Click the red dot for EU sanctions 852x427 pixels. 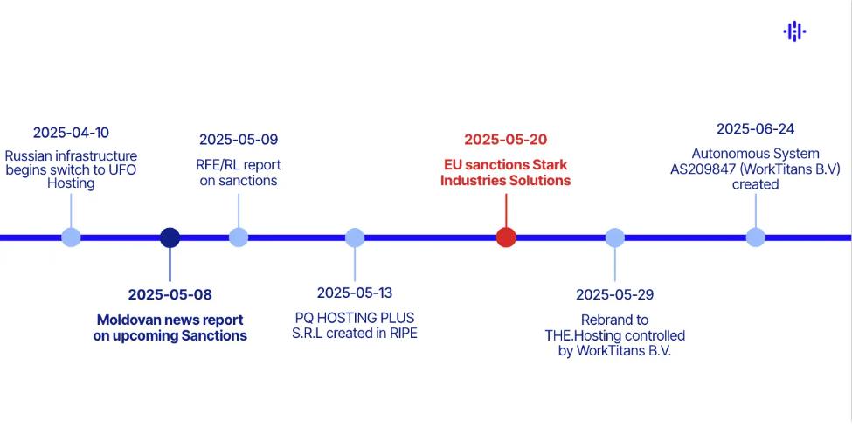[506, 238]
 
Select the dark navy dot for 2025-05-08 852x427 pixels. [170, 238]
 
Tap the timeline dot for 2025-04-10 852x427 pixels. [72, 238]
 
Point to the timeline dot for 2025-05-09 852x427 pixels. [239, 238]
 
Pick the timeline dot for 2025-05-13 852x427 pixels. [355, 238]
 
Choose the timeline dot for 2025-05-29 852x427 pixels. [615, 238]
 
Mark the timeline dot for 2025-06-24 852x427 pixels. [756, 238]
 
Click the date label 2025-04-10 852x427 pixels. [72, 133]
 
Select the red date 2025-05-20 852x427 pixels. [506, 140]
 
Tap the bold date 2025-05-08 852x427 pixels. [170, 294]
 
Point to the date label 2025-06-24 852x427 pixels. [756, 129]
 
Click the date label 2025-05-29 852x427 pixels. [615, 294]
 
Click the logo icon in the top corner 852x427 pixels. [794, 32]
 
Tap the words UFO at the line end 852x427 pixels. [123, 169]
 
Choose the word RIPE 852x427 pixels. [402, 333]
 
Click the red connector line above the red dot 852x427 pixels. [506, 210]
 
